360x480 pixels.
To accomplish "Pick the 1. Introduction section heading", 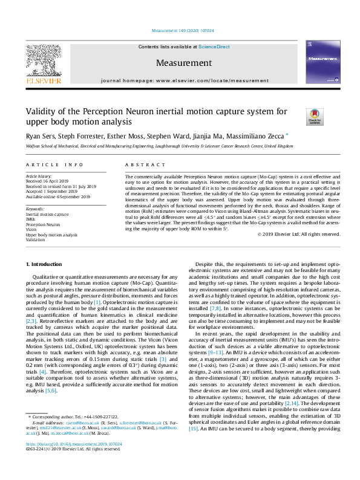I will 47,265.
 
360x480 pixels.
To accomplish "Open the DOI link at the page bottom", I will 73,461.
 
